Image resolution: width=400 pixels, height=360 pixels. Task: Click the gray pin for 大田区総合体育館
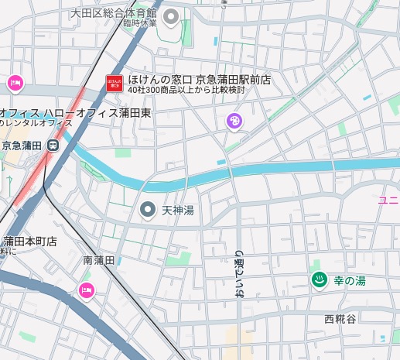[172, 16]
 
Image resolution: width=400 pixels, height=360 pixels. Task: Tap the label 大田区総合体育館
[113, 13]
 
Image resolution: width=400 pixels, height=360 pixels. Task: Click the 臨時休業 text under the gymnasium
[139, 23]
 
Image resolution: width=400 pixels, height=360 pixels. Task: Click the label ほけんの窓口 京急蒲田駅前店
[199, 79]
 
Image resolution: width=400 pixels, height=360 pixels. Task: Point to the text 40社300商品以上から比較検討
[186, 91]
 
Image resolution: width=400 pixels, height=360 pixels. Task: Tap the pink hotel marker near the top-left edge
[14, 83]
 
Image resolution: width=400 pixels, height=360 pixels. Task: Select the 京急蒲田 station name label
[22, 145]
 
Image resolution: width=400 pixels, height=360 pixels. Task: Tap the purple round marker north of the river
[234, 121]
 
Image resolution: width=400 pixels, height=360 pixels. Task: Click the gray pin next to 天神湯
[147, 210]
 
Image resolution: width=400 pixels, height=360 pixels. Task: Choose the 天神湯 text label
[177, 211]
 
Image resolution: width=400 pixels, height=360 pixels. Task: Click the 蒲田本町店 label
[30, 241]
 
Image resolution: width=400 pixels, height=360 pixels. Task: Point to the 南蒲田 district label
[99, 261]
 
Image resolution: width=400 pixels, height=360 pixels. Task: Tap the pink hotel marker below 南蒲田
[85, 290]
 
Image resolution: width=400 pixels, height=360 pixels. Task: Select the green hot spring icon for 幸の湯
[317, 280]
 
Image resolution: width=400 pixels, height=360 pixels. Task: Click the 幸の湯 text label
[349, 281]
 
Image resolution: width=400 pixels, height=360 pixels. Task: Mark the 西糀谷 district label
[340, 319]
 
